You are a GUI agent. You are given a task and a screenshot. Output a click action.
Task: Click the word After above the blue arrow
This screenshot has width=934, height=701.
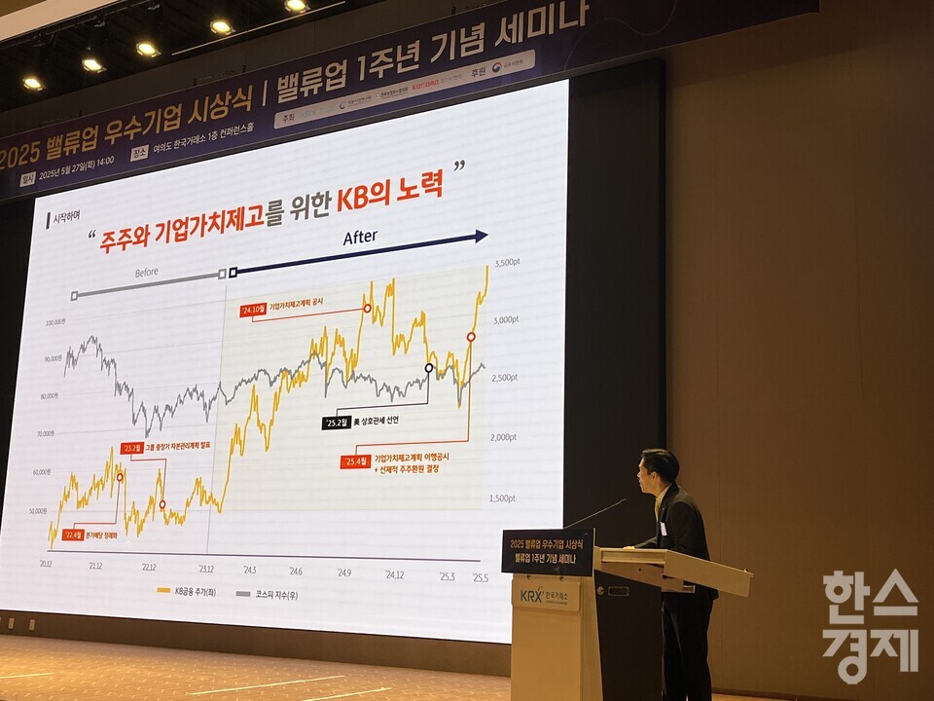point(360,238)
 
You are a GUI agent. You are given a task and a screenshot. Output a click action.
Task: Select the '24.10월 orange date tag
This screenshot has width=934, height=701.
point(253,311)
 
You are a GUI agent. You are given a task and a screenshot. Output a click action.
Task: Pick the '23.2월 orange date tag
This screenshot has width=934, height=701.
point(131,448)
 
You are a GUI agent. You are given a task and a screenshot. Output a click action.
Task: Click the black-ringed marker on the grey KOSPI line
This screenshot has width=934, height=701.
point(429,368)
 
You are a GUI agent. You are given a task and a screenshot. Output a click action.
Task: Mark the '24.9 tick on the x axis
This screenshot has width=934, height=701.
point(344,572)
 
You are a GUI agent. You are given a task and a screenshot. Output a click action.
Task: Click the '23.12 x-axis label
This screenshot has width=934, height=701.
point(205,568)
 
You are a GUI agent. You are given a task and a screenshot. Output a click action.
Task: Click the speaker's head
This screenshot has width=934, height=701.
point(659,471)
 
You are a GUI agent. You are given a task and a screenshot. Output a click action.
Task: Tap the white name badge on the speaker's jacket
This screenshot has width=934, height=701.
point(664,529)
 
